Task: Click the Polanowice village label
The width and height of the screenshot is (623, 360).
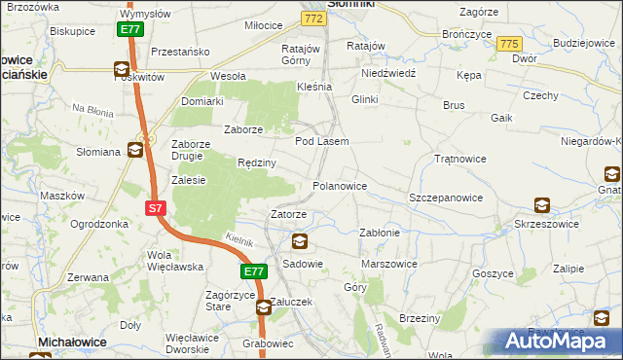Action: (339, 185)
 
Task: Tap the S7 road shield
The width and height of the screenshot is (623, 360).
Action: (156, 208)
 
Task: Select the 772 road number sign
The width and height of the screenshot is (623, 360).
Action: (311, 18)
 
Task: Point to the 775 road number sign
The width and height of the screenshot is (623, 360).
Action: (507, 44)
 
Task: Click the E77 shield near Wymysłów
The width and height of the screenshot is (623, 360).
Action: (131, 30)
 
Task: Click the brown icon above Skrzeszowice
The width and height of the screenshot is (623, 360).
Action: (542, 205)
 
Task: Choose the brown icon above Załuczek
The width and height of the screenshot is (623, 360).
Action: (264, 307)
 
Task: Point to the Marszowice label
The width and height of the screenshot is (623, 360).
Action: (389, 264)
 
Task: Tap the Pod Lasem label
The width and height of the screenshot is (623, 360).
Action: (321, 141)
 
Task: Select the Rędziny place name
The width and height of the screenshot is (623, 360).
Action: (258, 163)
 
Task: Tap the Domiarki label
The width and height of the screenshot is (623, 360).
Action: (202, 100)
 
